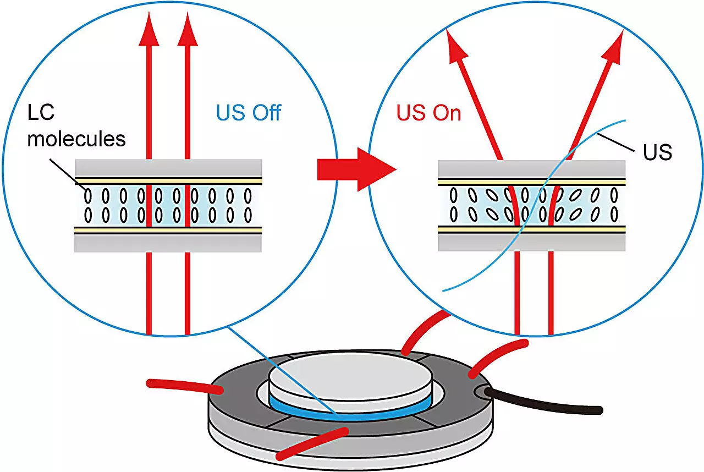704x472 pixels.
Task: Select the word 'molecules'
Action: [76, 139]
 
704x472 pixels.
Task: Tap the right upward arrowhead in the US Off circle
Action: [188, 31]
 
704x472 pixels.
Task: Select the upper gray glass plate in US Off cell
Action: [168, 167]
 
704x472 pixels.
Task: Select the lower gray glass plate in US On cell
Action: [531, 243]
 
